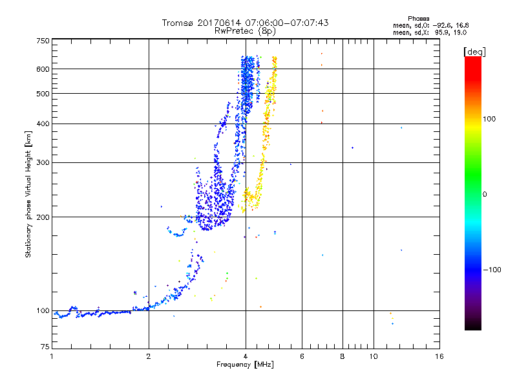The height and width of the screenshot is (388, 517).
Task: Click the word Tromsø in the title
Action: coord(177,23)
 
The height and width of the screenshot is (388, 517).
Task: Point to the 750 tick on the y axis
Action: coord(43,40)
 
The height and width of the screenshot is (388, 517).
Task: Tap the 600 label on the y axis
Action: coord(43,69)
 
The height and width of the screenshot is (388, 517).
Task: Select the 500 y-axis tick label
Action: coord(43,93)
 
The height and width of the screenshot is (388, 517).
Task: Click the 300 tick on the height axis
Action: coord(43,162)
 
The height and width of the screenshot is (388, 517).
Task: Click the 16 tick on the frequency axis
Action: coord(439,356)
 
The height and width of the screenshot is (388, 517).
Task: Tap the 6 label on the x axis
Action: coord(301,356)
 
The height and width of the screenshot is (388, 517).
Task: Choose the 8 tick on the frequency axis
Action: coord(343,356)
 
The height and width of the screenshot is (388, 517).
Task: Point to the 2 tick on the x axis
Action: coord(149,356)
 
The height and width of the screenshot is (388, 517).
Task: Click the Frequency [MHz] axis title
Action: coord(245,365)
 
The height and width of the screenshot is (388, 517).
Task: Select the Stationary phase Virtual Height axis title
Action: coord(28,194)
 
